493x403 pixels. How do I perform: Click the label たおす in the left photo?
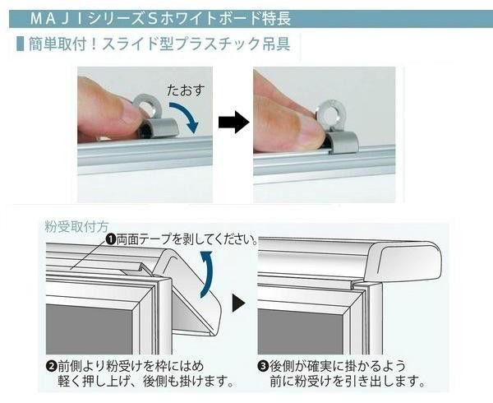(x=184, y=86)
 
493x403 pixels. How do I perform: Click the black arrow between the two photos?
(x=234, y=123)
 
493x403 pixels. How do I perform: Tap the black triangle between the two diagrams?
(x=237, y=305)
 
